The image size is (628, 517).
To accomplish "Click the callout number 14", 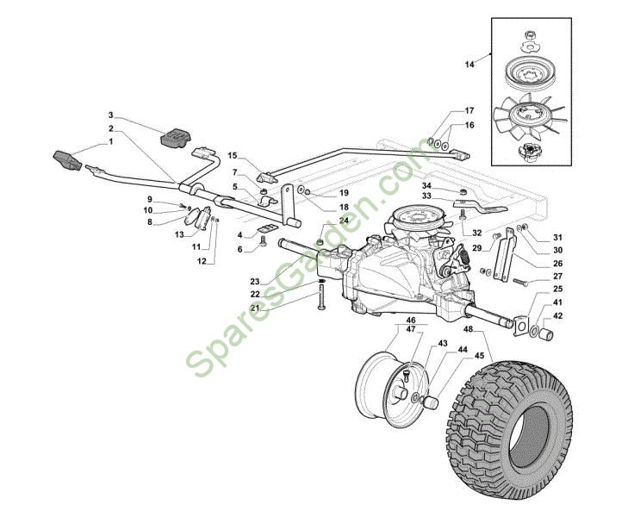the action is click(x=469, y=64).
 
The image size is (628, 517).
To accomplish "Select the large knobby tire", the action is click(x=510, y=418).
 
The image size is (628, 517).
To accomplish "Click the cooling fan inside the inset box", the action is click(x=528, y=115).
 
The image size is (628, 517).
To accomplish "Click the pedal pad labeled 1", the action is click(x=67, y=161).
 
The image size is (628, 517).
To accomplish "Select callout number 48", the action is click(x=468, y=329).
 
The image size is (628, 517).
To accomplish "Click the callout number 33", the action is click(x=426, y=196).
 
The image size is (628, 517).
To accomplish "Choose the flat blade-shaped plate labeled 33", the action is click(x=480, y=206).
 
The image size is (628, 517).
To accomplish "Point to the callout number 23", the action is click(x=255, y=282).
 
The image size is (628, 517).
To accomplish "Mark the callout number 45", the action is click(x=480, y=355).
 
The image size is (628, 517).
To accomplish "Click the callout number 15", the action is click(x=233, y=155).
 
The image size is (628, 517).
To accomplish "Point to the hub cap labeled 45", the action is click(x=432, y=402).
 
